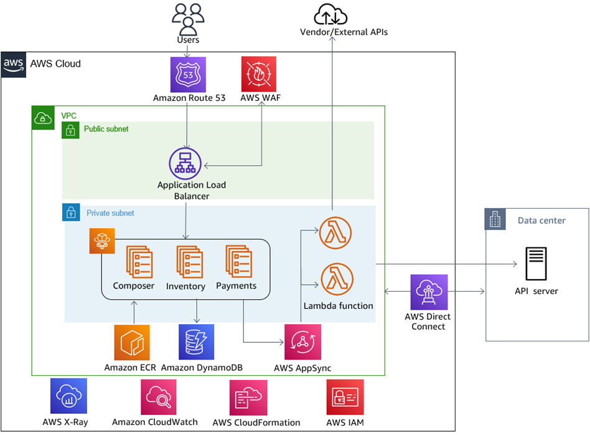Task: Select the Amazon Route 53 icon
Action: pos(188,75)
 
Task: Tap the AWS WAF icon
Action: pos(259,75)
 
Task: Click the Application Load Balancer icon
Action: pos(186,163)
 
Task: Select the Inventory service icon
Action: pos(189,261)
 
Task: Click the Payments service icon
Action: pos(238,261)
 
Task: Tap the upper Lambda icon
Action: pos(336,234)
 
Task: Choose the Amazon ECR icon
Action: pos(132,342)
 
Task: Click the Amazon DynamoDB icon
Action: pos(197,342)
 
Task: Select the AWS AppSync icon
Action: pos(303,342)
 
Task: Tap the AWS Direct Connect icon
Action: pos(429,292)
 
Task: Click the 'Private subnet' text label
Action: pos(110,213)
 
